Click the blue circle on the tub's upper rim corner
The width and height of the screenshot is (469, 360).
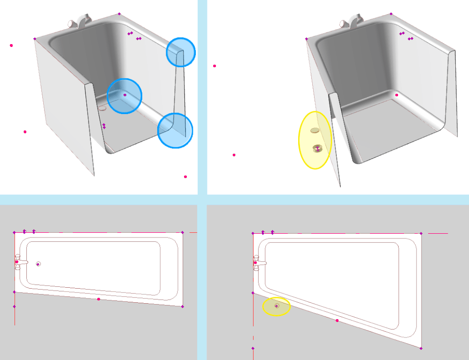pyautogui.click(x=181, y=52)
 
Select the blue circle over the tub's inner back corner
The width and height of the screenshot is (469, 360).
pyautogui.click(x=124, y=96)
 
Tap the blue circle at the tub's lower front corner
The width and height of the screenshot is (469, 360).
pyautogui.click(x=175, y=130)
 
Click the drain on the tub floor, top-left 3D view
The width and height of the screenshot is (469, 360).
pyautogui.click(x=102, y=107)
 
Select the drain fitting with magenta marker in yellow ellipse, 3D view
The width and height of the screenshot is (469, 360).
pyautogui.click(x=317, y=148)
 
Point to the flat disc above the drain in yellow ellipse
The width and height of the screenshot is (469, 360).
pyautogui.click(x=315, y=130)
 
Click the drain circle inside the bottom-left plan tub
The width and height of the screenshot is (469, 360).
pyautogui.click(x=38, y=264)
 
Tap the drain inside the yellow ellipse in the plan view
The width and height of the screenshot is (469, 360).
pyautogui.click(x=277, y=306)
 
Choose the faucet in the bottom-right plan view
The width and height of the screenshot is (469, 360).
pyautogui.click(x=259, y=263)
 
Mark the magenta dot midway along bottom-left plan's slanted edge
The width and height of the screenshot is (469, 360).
pyautogui.click(x=99, y=299)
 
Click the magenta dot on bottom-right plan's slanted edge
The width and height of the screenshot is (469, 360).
pyautogui.click(x=337, y=321)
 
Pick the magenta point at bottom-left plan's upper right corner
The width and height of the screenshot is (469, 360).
pyautogui.click(x=183, y=232)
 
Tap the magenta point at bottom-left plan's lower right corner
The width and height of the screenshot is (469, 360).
pyautogui.click(x=183, y=306)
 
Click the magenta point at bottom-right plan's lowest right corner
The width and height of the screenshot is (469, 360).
pyautogui.click(x=421, y=348)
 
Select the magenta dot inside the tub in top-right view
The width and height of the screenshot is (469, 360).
pyautogui.click(x=397, y=95)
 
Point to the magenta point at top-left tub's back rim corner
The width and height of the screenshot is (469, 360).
pyautogui.click(x=119, y=14)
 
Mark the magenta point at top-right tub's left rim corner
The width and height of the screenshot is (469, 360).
pyautogui.click(x=307, y=39)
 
